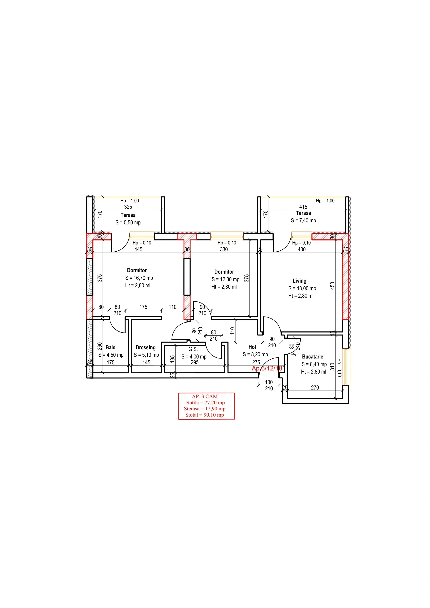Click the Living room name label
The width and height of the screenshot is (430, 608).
pyautogui.click(x=299, y=281)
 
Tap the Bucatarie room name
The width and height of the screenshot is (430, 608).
pyautogui.click(x=312, y=357)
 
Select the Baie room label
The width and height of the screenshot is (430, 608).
pyautogui.click(x=110, y=347)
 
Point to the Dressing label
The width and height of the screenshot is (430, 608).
pyautogui.click(x=145, y=347)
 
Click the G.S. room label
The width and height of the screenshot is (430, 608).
pyautogui.click(x=193, y=349)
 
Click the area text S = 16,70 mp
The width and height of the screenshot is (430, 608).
pyautogui.click(x=139, y=278)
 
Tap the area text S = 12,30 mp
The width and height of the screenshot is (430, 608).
pyautogui.click(x=225, y=279)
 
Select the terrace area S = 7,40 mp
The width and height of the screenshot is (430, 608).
pyautogui.click(x=303, y=220)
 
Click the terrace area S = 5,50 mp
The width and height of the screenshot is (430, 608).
pyautogui.click(x=128, y=222)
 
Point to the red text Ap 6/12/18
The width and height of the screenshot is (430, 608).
pyautogui.click(x=267, y=368)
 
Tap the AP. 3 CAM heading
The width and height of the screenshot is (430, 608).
pyautogui.click(x=205, y=396)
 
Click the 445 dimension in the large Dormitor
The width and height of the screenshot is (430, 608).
pyautogui.click(x=138, y=249)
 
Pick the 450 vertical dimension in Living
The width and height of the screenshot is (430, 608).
pyautogui.click(x=333, y=286)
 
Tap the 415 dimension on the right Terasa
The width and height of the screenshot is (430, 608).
pyautogui.click(x=303, y=207)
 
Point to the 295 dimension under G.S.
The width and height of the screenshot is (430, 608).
pyautogui.click(x=195, y=362)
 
